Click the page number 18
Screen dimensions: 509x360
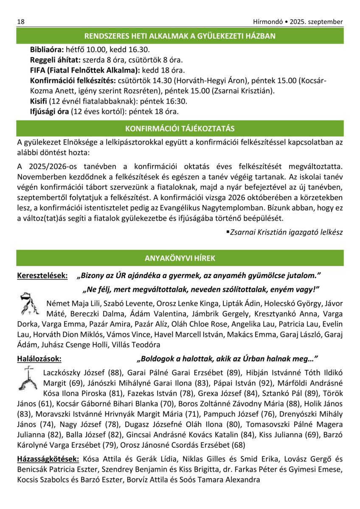(x=21, y=22)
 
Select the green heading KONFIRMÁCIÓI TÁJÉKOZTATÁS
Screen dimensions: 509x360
(x=180, y=129)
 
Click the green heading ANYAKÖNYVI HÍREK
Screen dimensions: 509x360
(x=180, y=258)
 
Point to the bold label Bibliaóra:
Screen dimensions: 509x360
(x=47, y=49)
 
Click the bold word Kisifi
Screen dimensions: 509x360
(x=39, y=101)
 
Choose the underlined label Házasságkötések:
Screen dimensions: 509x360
(x=48, y=459)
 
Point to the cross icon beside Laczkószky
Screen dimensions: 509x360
(x=28, y=379)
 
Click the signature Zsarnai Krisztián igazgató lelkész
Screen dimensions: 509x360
(x=286, y=232)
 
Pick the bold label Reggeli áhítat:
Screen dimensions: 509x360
(x=55, y=60)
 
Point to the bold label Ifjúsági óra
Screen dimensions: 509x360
(x=49, y=112)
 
